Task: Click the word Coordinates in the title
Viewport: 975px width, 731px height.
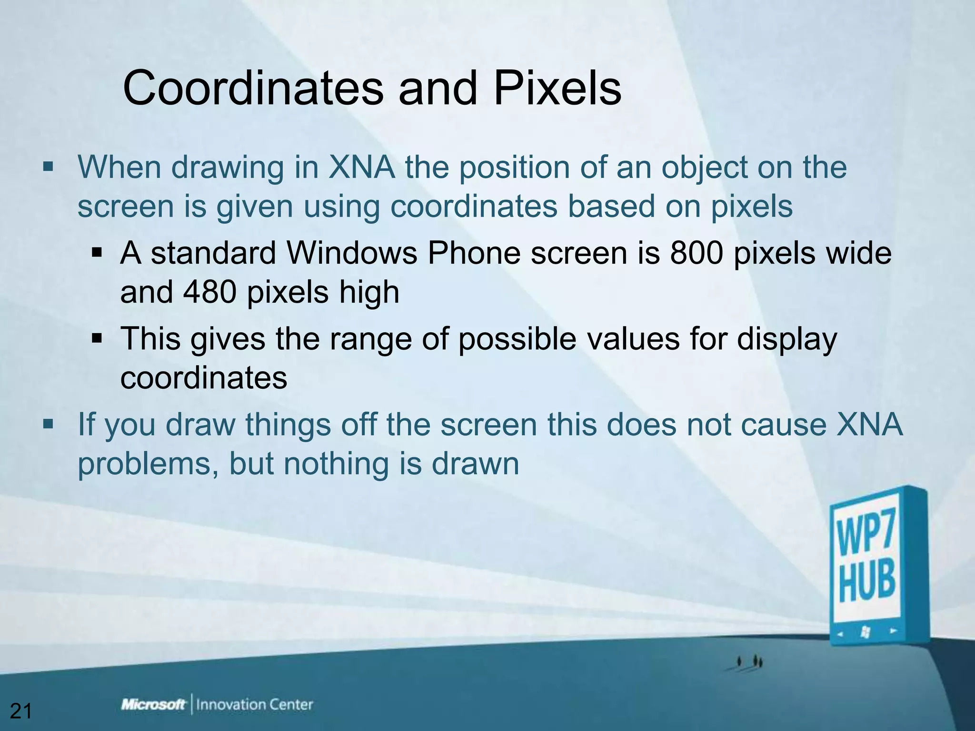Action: [253, 89]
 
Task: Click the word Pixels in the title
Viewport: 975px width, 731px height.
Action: [557, 89]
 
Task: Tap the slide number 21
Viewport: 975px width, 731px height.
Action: [21, 711]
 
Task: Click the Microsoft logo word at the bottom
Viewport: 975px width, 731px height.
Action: [153, 704]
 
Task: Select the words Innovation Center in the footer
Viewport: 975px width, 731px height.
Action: [254, 704]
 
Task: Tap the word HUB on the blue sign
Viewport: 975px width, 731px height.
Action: [866, 581]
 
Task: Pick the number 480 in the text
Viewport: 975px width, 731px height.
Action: [209, 292]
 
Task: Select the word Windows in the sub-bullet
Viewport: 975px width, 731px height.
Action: [352, 253]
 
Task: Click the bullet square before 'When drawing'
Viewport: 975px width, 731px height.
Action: [48, 167]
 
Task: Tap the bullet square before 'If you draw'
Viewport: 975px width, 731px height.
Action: [48, 424]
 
